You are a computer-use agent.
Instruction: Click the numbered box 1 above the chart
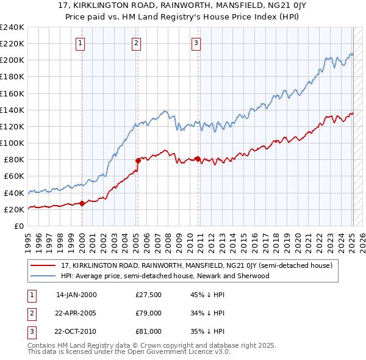(81, 43)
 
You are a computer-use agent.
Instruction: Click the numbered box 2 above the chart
(136, 43)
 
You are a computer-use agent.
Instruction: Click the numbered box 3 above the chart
(196, 43)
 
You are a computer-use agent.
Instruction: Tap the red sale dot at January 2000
(82, 203)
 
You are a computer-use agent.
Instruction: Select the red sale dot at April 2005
(138, 160)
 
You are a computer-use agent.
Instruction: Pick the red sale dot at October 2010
(198, 159)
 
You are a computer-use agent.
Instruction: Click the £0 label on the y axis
(18, 226)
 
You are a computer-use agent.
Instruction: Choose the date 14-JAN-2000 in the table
(76, 295)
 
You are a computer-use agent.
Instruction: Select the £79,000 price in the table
(148, 313)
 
